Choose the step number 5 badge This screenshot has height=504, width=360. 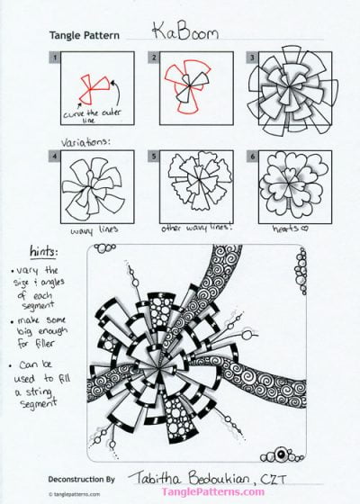(155, 156)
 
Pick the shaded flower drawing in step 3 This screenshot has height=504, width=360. (286, 94)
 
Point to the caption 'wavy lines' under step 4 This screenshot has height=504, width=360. (89, 230)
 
